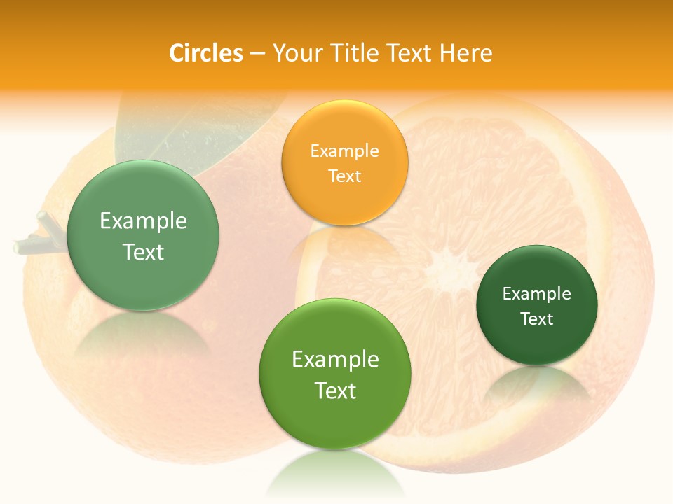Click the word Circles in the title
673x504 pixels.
(x=205, y=53)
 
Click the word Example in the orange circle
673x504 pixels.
(x=344, y=151)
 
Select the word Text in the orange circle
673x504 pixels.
(x=344, y=176)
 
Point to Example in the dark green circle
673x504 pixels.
(x=536, y=294)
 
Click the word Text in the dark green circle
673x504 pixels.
(x=536, y=318)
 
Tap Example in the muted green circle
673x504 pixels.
(x=143, y=221)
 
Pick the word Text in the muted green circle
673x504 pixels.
(x=143, y=252)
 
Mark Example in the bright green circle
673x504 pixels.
(x=334, y=360)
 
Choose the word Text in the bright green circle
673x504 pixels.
(x=334, y=391)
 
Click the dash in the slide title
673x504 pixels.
(x=257, y=54)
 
